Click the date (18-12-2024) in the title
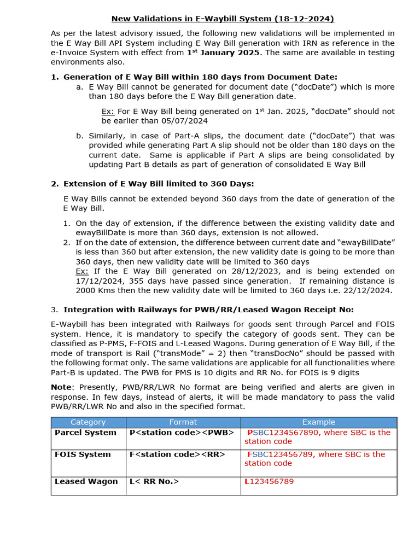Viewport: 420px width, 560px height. tap(306, 19)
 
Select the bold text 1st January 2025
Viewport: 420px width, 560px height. tap(224, 52)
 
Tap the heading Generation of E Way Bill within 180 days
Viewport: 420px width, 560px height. tap(200, 77)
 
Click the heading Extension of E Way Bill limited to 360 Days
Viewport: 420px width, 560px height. tap(159, 184)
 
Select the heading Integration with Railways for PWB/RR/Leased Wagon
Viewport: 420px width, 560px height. tap(209, 310)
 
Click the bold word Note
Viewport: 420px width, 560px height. tap(62, 387)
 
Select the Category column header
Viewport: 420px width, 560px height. tap(88, 422)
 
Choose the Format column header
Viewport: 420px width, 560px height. tap(183, 422)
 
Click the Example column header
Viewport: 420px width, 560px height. tap(318, 422)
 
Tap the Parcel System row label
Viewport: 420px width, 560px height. tap(85, 433)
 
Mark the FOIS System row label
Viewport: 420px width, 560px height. tap(83, 454)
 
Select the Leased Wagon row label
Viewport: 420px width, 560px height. tap(86, 482)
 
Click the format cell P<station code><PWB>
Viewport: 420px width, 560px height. tap(182, 433)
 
